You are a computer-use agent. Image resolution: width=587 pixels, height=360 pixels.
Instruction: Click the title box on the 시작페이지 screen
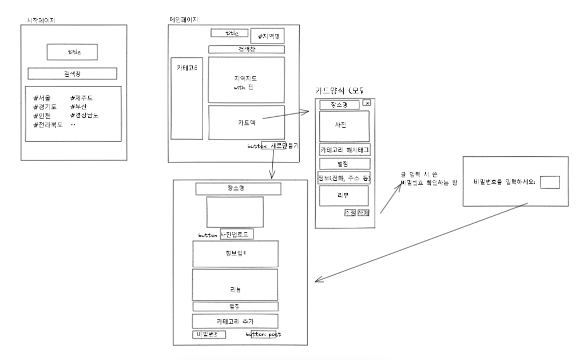pyautogui.click(x=72, y=52)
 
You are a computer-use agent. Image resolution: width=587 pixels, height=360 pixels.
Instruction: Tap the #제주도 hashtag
pyautogui.click(x=82, y=98)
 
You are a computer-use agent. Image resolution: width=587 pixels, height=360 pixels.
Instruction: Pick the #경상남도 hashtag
pyautogui.click(x=85, y=116)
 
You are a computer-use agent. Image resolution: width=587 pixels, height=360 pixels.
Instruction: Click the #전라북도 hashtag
pyautogui.click(x=47, y=124)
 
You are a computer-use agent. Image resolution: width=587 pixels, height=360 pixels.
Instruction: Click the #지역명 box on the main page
pyautogui.click(x=267, y=37)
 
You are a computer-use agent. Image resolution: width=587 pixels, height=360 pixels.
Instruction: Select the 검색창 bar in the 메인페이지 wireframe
pyautogui.click(x=246, y=49)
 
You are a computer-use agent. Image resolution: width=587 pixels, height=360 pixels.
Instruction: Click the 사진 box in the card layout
pyautogui.click(x=344, y=125)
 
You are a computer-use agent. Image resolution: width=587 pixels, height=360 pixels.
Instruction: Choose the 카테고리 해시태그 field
pyautogui.click(x=344, y=149)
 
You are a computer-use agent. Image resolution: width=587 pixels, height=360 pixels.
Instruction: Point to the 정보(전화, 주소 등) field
pyautogui.click(x=344, y=178)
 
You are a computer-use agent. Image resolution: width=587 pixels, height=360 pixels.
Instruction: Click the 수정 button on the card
pyautogui.click(x=350, y=212)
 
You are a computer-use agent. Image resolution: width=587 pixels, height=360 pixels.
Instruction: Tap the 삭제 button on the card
pyautogui.click(x=363, y=212)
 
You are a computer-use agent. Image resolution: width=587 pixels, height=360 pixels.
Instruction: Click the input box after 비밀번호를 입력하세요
pyautogui.click(x=550, y=181)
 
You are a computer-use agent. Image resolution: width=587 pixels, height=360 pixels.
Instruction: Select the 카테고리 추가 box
pyautogui.click(x=235, y=321)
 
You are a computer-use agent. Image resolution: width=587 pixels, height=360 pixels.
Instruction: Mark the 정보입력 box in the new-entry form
pyautogui.click(x=235, y=253)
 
